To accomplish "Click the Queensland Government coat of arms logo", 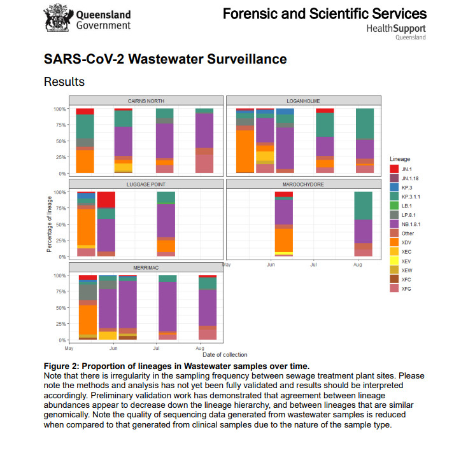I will click(57, 20).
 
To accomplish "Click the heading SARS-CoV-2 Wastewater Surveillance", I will click(165, 59).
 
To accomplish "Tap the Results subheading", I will click(64, 81).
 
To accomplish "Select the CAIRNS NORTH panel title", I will click(146, 101).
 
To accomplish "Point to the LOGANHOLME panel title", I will click(303, 101).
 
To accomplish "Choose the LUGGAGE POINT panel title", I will click(146, 184).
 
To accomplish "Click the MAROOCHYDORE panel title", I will click(303, 184).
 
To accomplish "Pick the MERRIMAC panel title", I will click(146, 268).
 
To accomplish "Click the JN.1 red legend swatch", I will click(395, 168).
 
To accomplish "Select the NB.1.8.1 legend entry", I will click(412, 223).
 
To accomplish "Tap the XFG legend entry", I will click(407, 288).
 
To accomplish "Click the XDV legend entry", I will click(407, 242).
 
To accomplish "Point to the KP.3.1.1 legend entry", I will click(411, 196).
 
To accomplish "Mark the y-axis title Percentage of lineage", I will click(49, 224).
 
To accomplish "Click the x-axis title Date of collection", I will click(225, 354).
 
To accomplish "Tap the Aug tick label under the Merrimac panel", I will click(199, 349).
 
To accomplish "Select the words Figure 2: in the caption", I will click(64, 366).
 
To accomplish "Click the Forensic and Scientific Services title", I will click(324, 13).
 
